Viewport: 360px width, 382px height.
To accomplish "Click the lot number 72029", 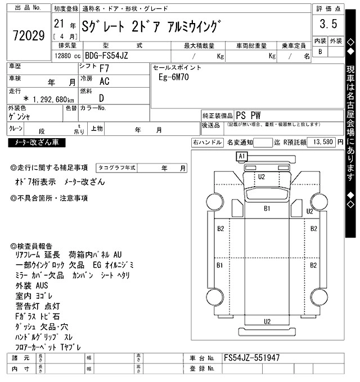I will point(28,37).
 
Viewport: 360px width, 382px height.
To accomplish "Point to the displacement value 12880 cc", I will point(66,56).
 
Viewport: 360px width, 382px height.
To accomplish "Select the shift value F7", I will point(105,68).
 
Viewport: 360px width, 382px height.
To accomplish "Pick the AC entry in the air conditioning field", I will point(104,81).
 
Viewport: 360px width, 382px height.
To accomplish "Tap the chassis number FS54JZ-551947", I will point(251,358).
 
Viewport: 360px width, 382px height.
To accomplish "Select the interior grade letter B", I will point(320,52).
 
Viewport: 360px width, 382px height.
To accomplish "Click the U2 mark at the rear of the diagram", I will point(267,321).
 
